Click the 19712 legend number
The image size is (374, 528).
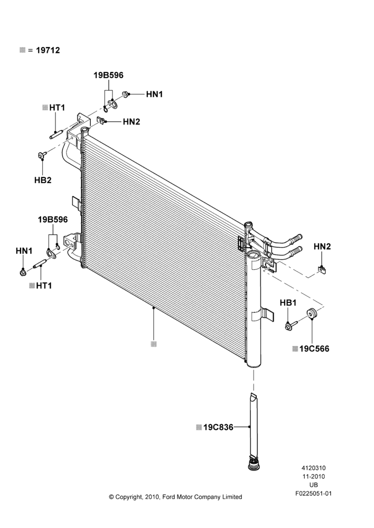point(48,50)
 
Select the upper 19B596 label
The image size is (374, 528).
point(108,75)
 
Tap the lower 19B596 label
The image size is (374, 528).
point(53,220)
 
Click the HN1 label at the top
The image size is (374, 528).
point(154,95)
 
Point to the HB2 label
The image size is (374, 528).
point(43,180)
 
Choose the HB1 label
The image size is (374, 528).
point(288,303)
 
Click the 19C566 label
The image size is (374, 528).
point(314,349)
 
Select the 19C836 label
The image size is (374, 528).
point(218,427)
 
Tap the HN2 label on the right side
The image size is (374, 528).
point(322,247)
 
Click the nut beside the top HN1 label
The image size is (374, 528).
point(125,95)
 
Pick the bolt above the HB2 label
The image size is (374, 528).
point(41,155)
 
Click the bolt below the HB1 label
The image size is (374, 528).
point(291,326)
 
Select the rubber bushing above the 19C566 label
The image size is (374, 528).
point(311,313)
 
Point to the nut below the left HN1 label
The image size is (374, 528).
point(23,271)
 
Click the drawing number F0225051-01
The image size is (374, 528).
point(313,494)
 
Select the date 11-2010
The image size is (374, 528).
point(313,476)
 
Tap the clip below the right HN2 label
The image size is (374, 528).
point(322,270)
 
